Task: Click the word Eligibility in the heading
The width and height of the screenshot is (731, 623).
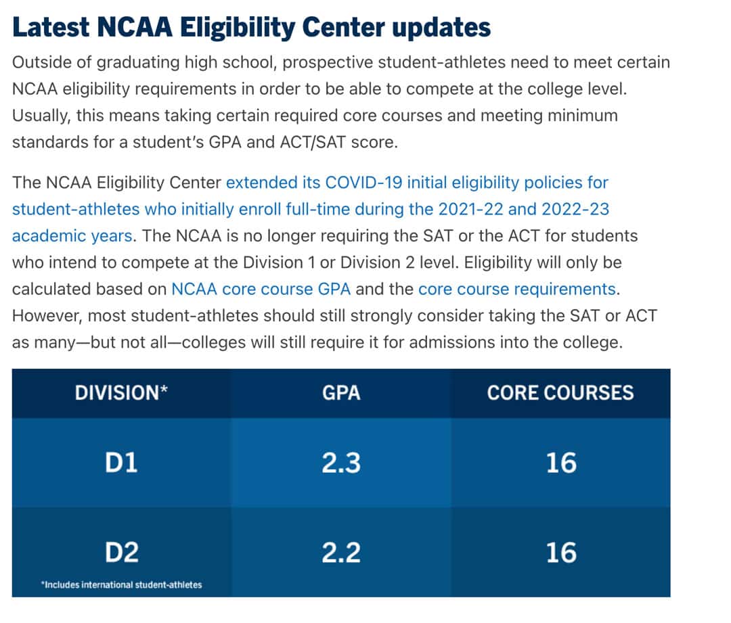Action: (234, 28)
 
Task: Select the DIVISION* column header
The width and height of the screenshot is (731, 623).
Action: (121, 393)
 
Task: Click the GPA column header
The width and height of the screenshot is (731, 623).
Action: (341, 393)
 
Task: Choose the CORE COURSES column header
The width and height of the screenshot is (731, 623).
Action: (560, 393)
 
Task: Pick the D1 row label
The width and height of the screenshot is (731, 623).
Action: (121, 463)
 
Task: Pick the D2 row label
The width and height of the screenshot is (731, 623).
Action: (121, 553)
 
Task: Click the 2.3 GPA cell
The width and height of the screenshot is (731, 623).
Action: (341, 463)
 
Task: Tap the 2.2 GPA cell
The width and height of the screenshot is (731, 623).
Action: (341, 553)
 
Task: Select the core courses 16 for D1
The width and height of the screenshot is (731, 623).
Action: (561, 463)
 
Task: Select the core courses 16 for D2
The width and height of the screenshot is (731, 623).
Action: (561, 553)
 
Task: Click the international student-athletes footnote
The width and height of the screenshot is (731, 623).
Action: (121, 584)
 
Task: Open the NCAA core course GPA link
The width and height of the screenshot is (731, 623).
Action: (261, 290)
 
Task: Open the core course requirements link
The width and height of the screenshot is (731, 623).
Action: (517, 290)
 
